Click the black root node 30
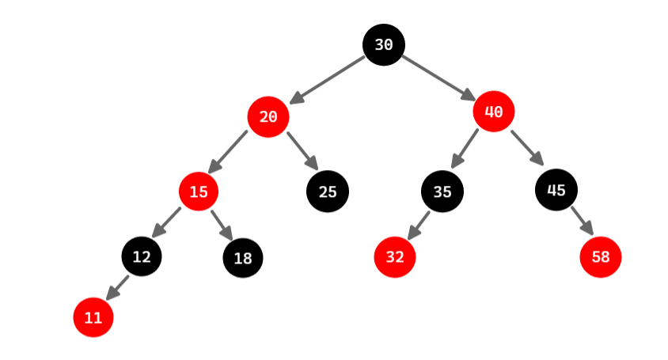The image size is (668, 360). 384,45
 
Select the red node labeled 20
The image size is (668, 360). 268,117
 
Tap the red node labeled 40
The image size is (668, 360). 494,112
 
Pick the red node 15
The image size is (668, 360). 199,191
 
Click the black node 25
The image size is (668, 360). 327,191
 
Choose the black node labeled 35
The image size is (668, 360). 442,191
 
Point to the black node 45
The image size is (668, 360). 556,190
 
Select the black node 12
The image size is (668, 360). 142,256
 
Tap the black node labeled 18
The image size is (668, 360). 243,258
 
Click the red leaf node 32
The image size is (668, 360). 394,257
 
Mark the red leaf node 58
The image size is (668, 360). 600,257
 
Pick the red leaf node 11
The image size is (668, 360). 93,317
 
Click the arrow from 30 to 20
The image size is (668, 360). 327,80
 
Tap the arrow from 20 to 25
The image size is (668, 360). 302,150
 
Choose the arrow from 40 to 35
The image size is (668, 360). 465,148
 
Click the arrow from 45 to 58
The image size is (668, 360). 581,221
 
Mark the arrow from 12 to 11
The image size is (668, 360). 117,287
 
